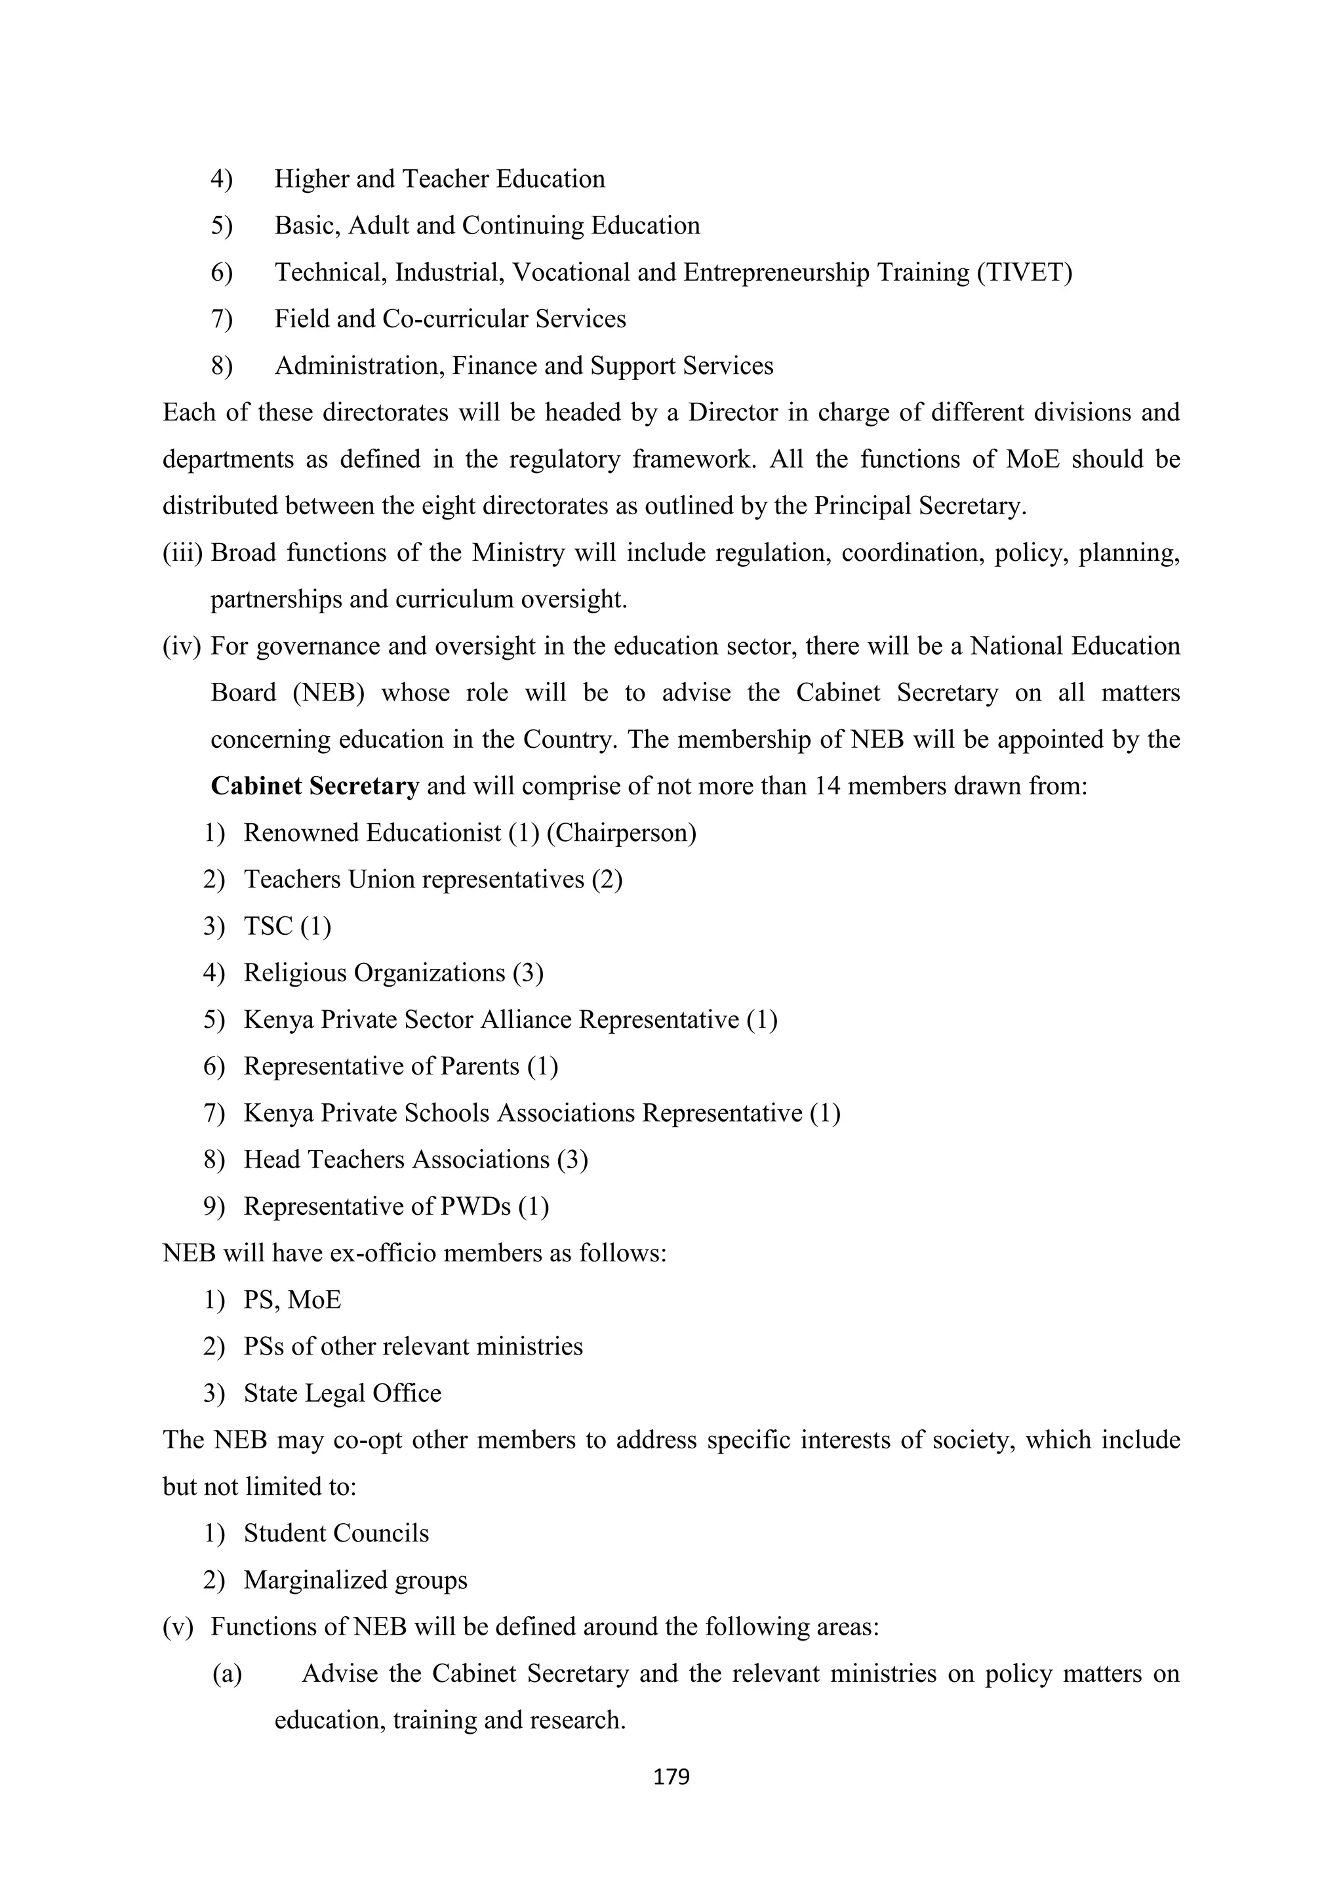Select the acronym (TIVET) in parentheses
pyautogui.click(x=1024, y=272)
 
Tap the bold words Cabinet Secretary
pyautogui.click(x=315, y=786)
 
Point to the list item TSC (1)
pyautogui.click(x=287, y=926)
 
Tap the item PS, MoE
pyautogui.click(x=292, y=1300)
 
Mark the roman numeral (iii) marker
pyautogui.click(x=182, y=552)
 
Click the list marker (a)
pyautogui.click(x=228, y=1674)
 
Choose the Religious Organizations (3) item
pyautogui.click(x=393, y=973)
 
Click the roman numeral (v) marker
pyautogui.click(x=178, y=1627)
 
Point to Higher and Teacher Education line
pyautogui.click(x=439, y=178)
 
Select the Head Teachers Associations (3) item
pyautogui.click(x=415, y=1160)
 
